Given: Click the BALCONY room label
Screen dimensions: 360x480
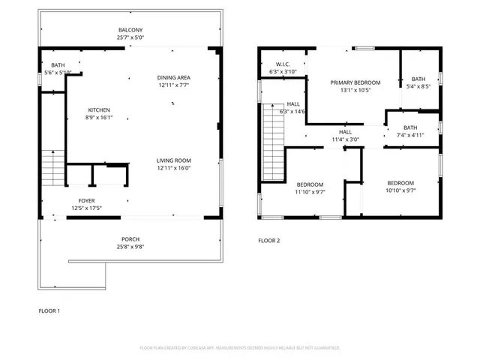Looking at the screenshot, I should click(130, 30).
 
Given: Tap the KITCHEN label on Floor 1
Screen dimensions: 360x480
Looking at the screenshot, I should click(100, 110).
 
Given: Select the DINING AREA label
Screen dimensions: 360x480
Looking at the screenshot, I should click(173, 78).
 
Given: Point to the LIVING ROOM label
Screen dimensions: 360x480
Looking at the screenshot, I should click(173, 160).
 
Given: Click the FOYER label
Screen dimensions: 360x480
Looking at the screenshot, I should click(86, 201).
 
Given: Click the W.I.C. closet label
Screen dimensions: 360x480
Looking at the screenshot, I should click(283, 64).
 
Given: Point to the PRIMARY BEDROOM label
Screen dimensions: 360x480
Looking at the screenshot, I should click(355, 82).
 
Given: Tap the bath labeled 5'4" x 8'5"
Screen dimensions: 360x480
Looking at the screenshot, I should click(418, 79).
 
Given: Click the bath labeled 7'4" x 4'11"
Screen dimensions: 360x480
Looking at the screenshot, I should click(410, 127).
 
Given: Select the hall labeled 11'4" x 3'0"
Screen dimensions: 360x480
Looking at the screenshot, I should click(346, 131).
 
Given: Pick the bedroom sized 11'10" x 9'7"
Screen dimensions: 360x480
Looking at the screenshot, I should click(310, 184).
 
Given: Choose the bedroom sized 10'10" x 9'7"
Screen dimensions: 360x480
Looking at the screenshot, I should click(400, 183).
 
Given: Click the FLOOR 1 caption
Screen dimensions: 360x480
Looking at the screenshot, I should click(49, 310).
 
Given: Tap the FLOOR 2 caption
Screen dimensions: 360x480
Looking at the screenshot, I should click(268, 241).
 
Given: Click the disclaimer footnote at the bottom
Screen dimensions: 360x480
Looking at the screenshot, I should click(239, 348).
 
